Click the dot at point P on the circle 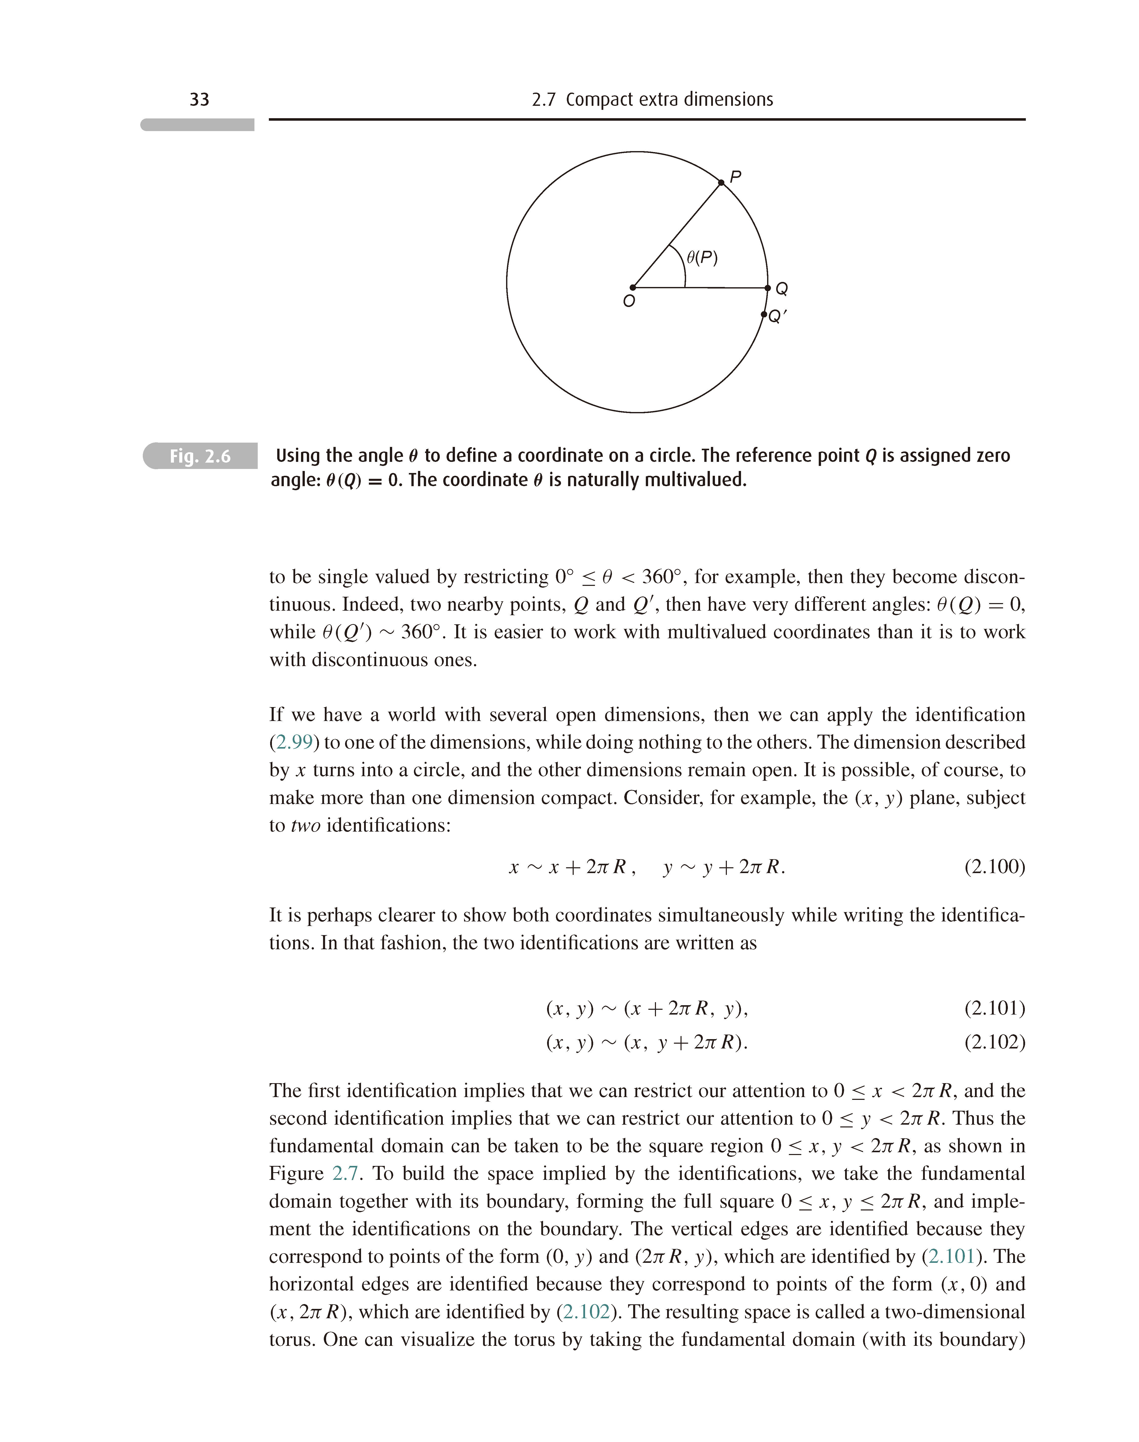[721, 183]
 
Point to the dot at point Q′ [764, 314]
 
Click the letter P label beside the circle [735, 177]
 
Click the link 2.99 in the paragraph [293, 742]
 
